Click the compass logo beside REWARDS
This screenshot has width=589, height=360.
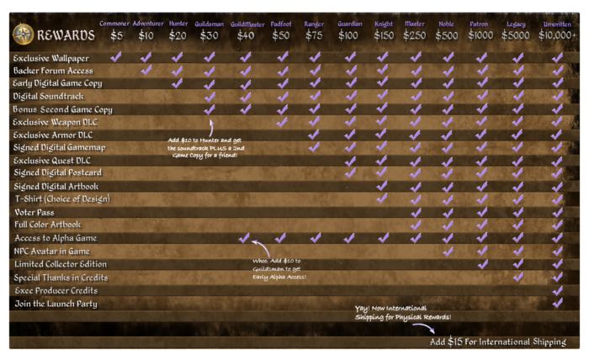(x=24, y=34)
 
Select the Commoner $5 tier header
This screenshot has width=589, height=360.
(x=114, y=30)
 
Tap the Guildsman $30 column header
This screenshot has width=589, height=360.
(x=209, y=30)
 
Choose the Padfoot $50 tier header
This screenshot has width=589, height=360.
(x=281, y=30)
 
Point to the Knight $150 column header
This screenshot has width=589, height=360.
(x=383, y=30)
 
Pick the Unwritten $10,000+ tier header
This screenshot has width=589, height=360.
(x=557, y=30)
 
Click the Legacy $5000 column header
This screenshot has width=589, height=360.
(x=517, y=30)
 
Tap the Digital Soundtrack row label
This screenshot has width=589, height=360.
(x=49, y=97)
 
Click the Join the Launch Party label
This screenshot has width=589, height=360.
(x=56, y=304)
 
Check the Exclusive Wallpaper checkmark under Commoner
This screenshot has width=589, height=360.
(x=115, y=57)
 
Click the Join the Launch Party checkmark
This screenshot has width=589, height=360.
(x=557, y=303)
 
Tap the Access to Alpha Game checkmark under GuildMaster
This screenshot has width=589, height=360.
(x=245, y=238)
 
